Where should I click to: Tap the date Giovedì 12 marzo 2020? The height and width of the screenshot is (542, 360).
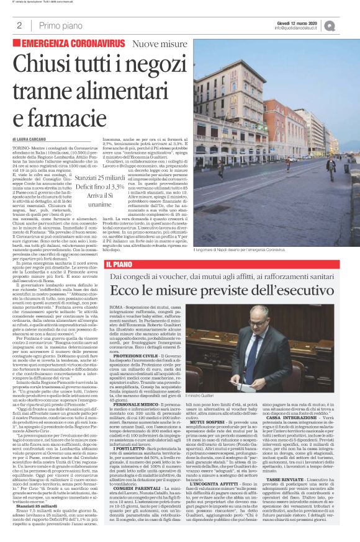[x=305, y=22]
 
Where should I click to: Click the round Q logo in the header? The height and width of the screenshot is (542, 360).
[x=347, y=25]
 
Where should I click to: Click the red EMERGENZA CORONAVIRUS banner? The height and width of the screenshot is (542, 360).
[x=73, y=45]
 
